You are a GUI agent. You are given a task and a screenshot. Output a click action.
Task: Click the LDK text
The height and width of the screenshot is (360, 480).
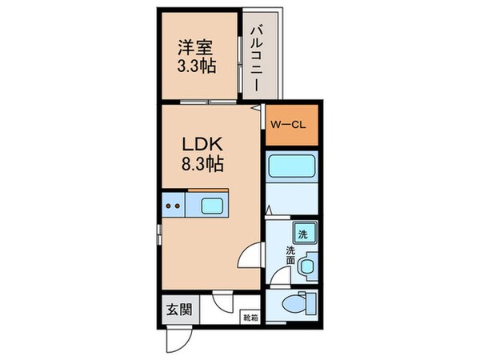pyautogui.click(x=201, y=146)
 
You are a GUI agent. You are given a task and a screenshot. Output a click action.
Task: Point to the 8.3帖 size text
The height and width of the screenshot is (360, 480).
pyautogui.click(x=201, y=165)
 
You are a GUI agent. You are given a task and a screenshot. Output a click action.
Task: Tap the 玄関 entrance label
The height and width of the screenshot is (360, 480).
pyautogui.click(x=178, y=310)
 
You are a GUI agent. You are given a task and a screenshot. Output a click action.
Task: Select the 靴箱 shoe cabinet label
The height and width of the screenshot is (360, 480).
pyautogui.click(x=250, y=317)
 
